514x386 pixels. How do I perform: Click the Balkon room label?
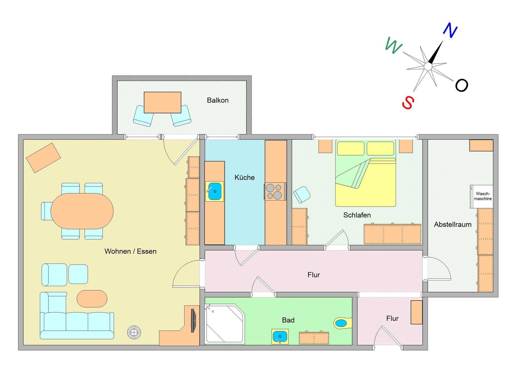click(x=218, y=100)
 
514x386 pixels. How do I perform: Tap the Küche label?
click(x=244, y=177)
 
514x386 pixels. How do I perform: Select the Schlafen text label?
click(x=357, y=215)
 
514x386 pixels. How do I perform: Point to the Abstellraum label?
click(x=453, y=224)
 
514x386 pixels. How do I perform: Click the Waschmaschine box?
click(x=482, y=197)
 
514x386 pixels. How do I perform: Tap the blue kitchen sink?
click(x=215, y=191)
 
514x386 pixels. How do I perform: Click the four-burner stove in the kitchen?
click(x=275, y=191)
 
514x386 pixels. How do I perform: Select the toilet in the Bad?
click(x=343, y=323)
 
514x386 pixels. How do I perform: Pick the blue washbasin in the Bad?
click(x=280, y=336)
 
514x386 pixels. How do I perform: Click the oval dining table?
click(x=82, y=211)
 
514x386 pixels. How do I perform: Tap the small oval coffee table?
click(x=92, y=299)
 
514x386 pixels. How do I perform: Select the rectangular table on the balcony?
click(x=162, y=102)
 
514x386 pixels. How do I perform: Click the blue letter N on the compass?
click(x=450, y=30)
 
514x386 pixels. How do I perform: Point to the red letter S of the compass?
click(x=408, y=102)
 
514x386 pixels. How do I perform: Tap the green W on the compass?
click(x=393, y=45)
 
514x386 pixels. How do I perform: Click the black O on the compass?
click(x=462, y=85)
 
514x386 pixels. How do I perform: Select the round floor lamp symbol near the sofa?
click(x=134, y=332)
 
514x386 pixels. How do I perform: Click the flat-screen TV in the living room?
click(x=193, y=320)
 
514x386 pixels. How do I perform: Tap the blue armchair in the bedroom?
click(x=302, y=195)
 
